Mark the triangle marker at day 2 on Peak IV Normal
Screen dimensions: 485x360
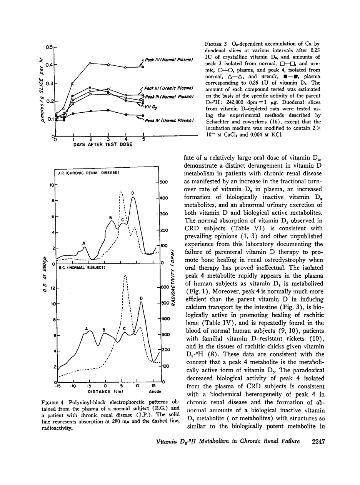90,63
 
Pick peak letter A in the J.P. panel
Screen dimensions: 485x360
84,243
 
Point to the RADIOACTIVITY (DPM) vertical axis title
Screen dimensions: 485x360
173,277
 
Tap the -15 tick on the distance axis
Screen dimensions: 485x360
58,385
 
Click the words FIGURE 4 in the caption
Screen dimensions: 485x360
54,402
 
